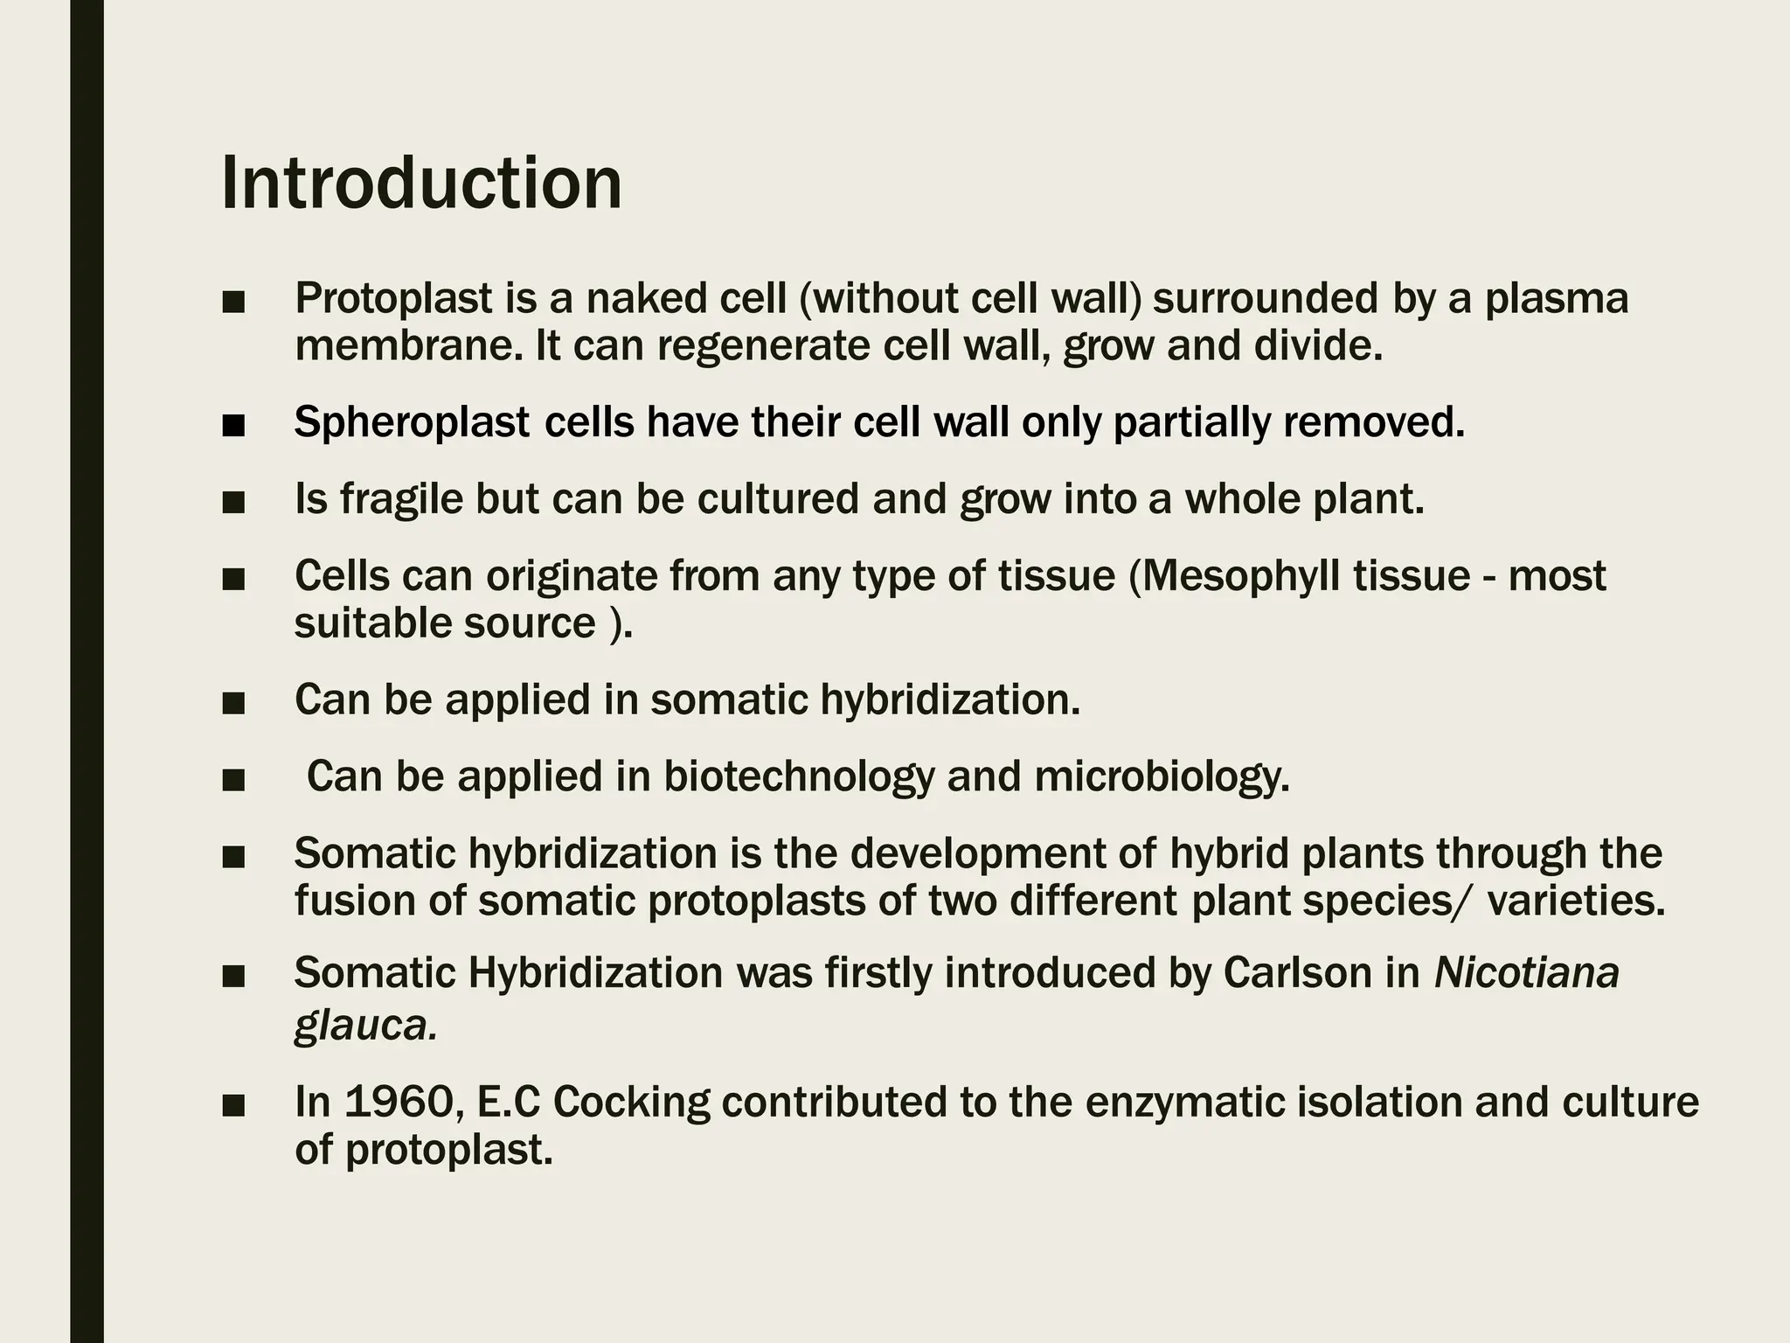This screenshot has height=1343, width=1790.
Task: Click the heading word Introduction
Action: coord(421,183)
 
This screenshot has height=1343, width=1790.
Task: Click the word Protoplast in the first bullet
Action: coord(393,298)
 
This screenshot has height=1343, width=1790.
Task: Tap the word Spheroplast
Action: coord(412,423)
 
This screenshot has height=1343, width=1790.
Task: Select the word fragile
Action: coord(400,499)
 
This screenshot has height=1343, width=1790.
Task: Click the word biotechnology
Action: coord(798,776)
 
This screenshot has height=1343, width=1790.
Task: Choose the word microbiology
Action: coord(1162,776)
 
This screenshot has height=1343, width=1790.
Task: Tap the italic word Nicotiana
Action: coord(1527,973)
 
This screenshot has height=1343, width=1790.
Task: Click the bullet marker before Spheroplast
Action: coord(233,427)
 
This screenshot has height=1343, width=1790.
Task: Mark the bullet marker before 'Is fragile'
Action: coord(233,503)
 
